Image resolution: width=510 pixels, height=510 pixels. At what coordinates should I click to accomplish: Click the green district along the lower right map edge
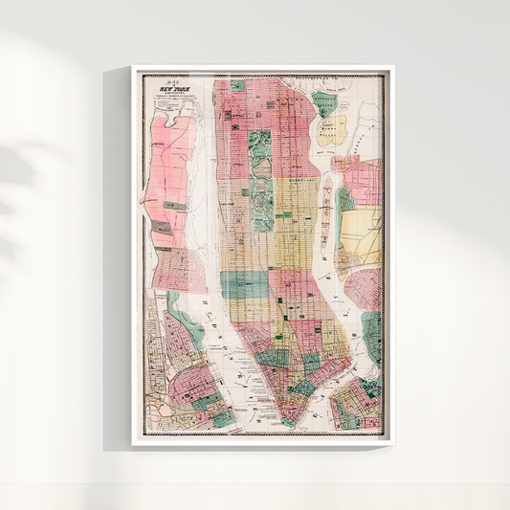point(372,335)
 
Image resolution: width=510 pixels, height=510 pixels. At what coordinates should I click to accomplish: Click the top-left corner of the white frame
point(134,68)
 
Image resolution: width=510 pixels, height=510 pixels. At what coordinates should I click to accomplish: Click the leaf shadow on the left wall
point(38,172)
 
